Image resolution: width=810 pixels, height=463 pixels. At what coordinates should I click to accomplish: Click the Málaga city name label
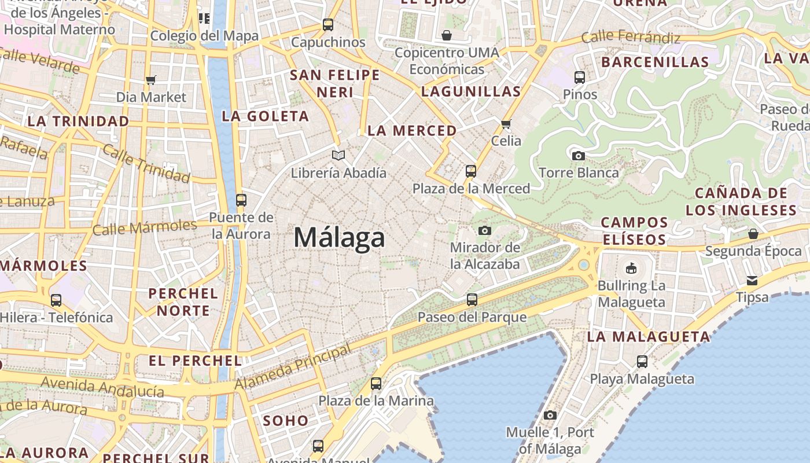[x=339, y=238]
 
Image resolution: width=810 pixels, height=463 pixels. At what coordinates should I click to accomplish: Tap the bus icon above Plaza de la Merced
[x=471, y=171]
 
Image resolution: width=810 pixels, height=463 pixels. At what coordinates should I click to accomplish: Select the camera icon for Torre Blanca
[x=578, y=156]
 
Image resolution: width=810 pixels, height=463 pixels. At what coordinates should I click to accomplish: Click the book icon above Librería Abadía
[x=338, y=155]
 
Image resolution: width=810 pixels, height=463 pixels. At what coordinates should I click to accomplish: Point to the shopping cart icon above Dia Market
[x=151, y=80]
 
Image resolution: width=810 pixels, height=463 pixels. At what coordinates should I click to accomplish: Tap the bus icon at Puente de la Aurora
[x=241, y=200]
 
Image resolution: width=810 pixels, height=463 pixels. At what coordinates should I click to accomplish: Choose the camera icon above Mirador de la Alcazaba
[x=485, y=230]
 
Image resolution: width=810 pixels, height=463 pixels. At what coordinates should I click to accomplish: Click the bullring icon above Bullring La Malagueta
[x=631, y=268]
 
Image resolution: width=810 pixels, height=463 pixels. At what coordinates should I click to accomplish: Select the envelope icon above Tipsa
[x=752, y=281]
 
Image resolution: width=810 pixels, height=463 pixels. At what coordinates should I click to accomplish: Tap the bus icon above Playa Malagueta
[x=642, y=362]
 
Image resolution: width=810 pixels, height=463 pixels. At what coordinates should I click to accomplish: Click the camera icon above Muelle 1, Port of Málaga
[x=550, y=415]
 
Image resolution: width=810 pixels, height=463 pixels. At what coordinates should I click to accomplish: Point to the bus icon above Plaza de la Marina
[x=376, y=383]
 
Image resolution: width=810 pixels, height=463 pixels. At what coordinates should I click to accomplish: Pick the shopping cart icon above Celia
[x=506, y=123]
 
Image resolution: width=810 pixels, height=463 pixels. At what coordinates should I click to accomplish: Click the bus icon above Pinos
[x=580, y=77]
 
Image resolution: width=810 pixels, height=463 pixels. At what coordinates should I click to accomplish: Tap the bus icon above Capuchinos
[x=328, y=25]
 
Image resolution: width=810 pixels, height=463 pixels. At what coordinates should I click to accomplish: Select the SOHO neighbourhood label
[x=286, y=421]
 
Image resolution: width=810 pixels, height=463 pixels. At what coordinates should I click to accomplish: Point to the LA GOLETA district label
[x=266, y=116]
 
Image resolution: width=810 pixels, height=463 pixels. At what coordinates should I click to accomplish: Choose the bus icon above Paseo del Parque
[x=472, y=300]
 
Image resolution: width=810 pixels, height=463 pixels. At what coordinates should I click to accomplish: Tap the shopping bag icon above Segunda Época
[x=753, y=234]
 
